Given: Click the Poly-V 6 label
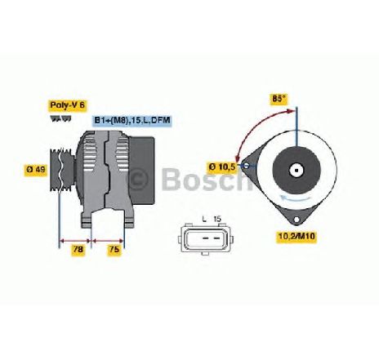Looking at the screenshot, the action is click(x=68, y=105).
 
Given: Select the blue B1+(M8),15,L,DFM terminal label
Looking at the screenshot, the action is click(x=132, y=120).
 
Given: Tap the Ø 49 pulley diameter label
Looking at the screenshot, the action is click(x=36, y=169).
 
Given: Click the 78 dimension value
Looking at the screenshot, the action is click(x=78, y=249).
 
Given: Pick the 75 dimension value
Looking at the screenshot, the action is click(x=114, y=249).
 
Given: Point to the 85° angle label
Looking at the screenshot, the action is click(x=279, y=99).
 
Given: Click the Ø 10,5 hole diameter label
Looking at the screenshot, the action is click(x=222, y=167).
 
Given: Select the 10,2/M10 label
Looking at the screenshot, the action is click(x=297, y=236).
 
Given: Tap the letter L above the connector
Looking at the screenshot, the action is click(x=204, y=219).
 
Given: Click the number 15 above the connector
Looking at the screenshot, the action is click(x=217, y=219).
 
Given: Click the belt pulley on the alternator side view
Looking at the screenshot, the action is click(x=61, y=170).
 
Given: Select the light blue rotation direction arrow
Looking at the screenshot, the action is click(x=297, y=198).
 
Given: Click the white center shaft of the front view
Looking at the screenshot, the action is click(x=296, y=171).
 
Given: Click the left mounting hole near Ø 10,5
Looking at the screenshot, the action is click(x=247, y=166).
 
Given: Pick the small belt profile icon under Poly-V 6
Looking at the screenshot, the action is click(x=61, y=118).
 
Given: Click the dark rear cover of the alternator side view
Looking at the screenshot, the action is click(x=141, y=171).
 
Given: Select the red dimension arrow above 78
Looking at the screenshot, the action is click(x=75, y=241).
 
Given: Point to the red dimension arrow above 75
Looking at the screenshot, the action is click(x=108, y=241).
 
